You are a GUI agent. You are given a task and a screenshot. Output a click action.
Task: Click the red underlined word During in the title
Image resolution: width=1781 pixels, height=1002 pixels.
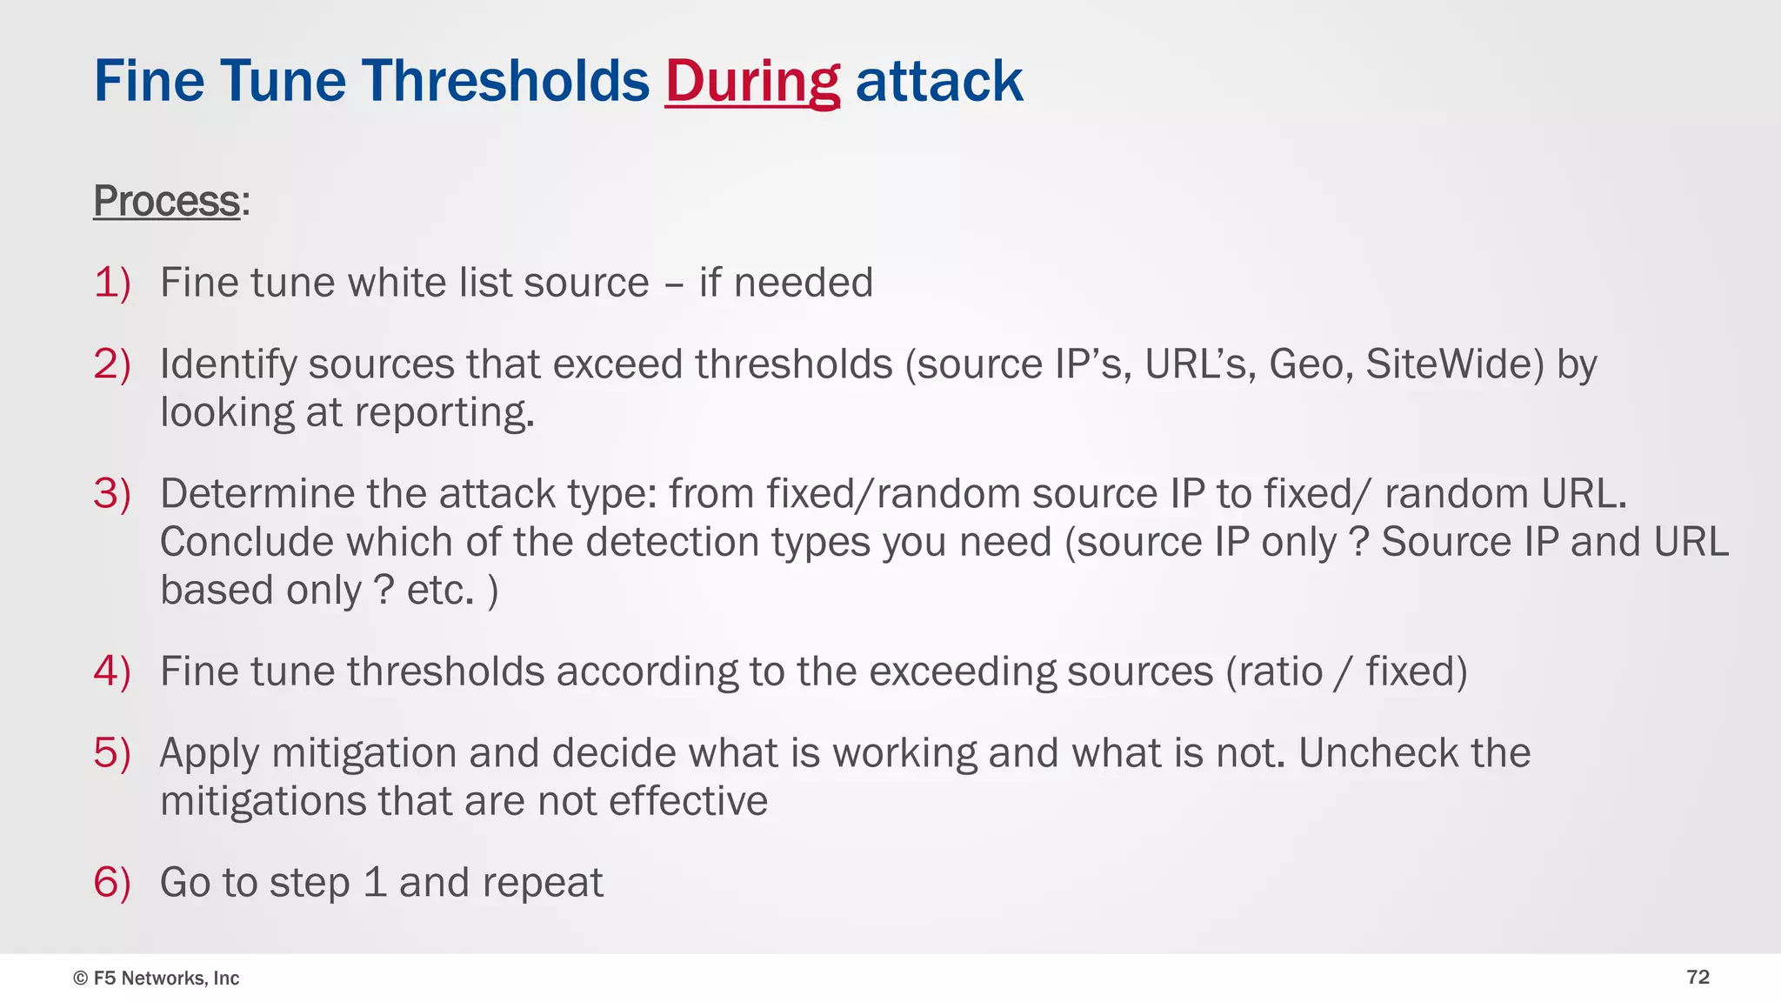[x=752, y=82]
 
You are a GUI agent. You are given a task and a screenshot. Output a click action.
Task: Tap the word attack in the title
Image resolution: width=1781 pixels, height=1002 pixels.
[x=939, y=82]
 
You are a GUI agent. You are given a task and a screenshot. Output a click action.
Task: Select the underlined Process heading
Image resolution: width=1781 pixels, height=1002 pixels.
[x=166, y=201]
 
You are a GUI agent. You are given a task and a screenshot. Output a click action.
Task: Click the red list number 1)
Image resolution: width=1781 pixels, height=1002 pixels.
[x=112, y=283]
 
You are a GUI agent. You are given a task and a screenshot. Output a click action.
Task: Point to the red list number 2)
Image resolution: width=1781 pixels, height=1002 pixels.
[x=112, y=364]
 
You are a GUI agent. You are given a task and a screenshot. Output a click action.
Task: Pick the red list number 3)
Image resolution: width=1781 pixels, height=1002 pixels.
[x=112, y=494]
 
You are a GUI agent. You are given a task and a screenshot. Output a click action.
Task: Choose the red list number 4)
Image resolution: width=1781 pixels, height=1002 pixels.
[x=112, y=671]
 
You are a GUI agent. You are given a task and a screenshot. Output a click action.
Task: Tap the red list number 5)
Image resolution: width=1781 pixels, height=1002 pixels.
[x=112, y=753]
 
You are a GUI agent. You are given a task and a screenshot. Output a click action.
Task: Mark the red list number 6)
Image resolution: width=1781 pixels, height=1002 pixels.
[x=112, y=883]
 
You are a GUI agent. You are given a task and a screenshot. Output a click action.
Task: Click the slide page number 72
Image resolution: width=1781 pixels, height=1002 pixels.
[x=1698, y=978]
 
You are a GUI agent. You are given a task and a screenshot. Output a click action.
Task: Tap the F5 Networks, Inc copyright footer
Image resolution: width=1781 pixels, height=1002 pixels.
[x=157, y=979]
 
